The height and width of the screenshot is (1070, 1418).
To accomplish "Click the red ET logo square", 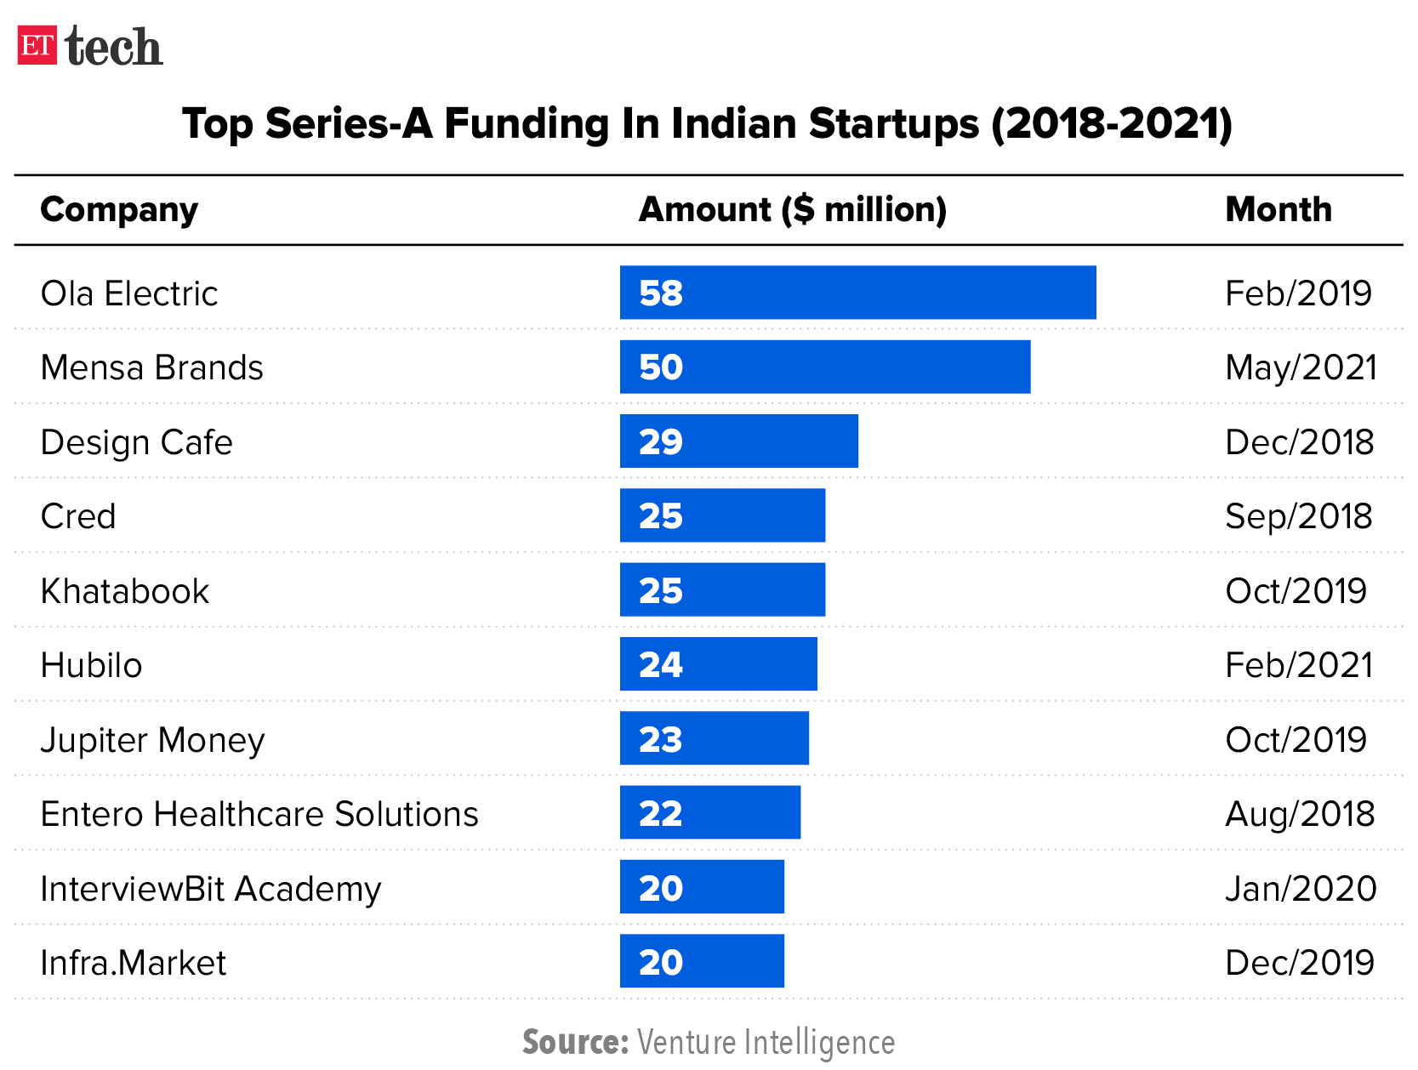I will (x=37, y=45).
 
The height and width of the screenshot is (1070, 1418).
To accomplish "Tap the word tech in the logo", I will (x=113, y=47).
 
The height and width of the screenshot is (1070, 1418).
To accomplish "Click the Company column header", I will (x=119, y=209).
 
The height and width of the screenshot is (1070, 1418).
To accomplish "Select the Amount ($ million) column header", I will (x=792, y=209).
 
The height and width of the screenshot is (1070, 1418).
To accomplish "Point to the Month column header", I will (x=1278, y=209).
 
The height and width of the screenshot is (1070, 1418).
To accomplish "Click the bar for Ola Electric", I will (x=857, y=293).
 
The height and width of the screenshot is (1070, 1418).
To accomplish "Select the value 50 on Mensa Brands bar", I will (x=661, y=367).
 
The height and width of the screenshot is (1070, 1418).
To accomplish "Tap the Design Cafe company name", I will (x=136, y=442).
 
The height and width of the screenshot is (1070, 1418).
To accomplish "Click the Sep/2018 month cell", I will (x=1298, y=516).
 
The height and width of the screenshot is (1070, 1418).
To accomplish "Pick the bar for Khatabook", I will (x=722, y=590).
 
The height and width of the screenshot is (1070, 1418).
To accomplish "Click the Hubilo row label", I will (x=91, y=665).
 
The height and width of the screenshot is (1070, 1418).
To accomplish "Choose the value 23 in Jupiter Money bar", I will (x=661, y=739).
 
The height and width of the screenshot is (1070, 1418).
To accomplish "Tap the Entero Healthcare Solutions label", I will (x=259, y=814).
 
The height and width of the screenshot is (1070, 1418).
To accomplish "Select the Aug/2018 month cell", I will (x=1299, y=814).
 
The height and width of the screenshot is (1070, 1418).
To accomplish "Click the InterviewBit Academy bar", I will (x=702, y=887).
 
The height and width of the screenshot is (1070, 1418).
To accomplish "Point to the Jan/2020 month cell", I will (x=1300, y=889).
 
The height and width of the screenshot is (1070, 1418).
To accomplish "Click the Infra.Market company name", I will (x=134, y=963).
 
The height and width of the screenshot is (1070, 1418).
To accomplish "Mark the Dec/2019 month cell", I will (x=1299, y=963).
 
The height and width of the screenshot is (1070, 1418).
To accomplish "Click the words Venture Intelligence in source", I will (x=766, y=1042).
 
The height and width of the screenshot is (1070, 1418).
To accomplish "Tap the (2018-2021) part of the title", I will (x=1111, y=124).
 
